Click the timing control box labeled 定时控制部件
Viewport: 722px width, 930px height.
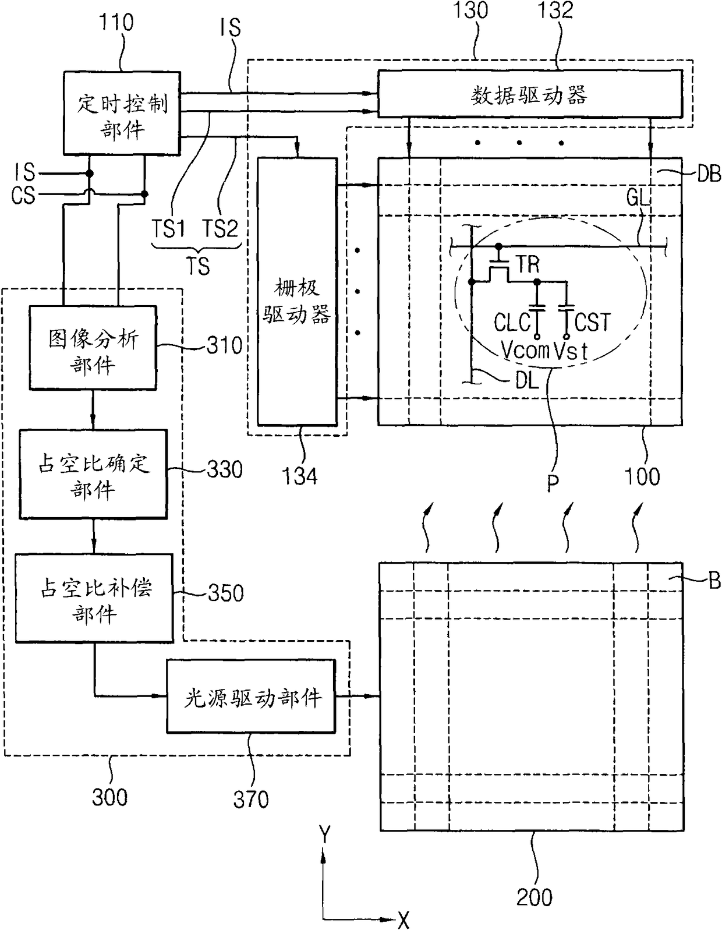click(122, 113)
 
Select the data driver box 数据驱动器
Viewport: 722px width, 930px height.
click(530, 94)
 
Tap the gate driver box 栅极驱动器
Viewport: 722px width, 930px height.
click(298, 291)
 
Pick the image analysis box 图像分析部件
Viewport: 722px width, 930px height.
click(93, 348)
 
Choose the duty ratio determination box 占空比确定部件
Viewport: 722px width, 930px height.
click(93, 474)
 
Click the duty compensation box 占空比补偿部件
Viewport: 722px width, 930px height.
click(94, 598)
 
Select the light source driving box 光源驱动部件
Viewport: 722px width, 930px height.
click(251, 696)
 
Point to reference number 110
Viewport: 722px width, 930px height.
click(116, 22)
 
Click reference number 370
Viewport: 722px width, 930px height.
click(251, 798)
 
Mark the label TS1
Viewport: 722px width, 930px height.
click(168, 228)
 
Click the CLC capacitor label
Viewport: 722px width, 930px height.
click(512, 322)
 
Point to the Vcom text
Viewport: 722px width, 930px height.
click(525, 351)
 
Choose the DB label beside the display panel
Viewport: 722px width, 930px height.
click(709, 174)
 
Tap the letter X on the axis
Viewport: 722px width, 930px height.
click(404, 920)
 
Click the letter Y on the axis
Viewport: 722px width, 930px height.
click(325, 834)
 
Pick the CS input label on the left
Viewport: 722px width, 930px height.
click(23, 196)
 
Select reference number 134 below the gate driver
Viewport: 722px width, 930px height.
click(299, 476)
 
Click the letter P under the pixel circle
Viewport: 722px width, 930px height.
click(553, 483)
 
